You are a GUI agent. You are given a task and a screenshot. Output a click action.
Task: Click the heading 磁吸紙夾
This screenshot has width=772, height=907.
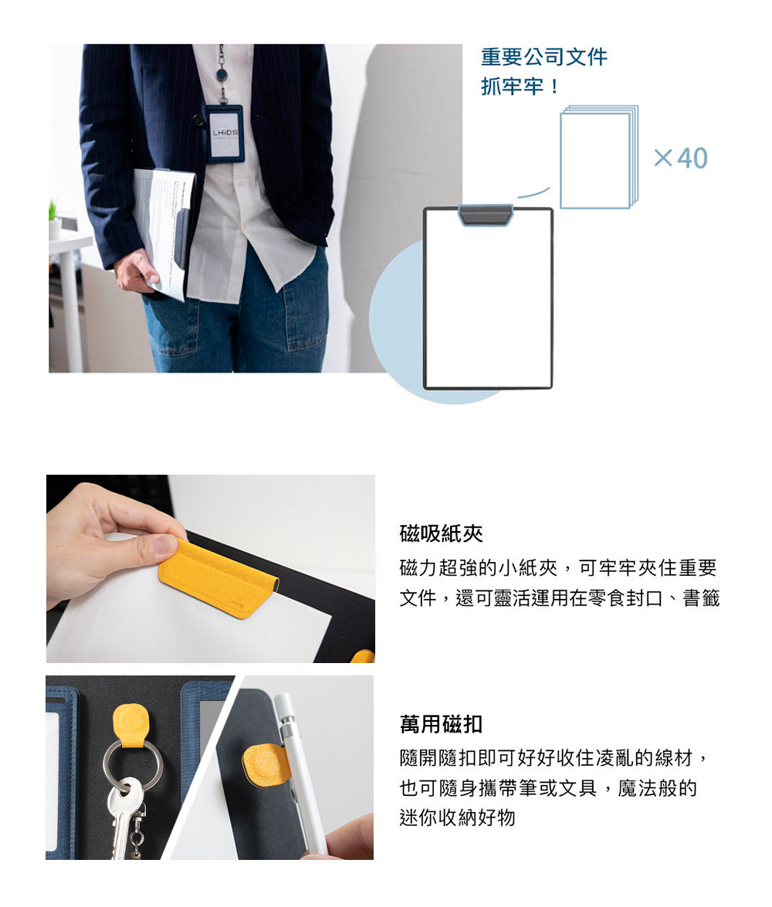click(441, 533)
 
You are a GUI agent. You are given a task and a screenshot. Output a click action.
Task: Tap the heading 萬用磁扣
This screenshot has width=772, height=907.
click(441, 723)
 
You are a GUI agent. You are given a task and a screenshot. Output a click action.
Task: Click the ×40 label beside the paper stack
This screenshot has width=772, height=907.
click(681, 158)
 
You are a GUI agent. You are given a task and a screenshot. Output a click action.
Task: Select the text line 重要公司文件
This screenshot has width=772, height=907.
click(544, 56)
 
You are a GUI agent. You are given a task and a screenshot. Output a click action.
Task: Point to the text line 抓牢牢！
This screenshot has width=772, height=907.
click(520, 86)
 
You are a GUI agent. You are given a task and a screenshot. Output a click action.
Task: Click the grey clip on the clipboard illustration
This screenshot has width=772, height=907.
click(486, 214)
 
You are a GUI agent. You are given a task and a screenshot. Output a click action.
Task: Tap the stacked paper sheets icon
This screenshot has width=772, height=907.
click(599, 156)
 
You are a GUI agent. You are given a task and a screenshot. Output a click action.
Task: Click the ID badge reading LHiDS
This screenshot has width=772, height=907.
click(224, 134)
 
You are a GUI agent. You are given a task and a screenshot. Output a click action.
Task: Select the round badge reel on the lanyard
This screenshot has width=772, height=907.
click(222, 75)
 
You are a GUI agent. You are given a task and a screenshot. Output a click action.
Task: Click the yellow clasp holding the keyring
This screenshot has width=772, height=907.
click(131, 726)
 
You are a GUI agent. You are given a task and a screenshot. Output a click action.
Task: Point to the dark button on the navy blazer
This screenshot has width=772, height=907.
click(198, 120)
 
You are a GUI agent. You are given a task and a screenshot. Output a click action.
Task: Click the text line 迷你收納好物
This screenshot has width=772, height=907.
click(457, 817)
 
